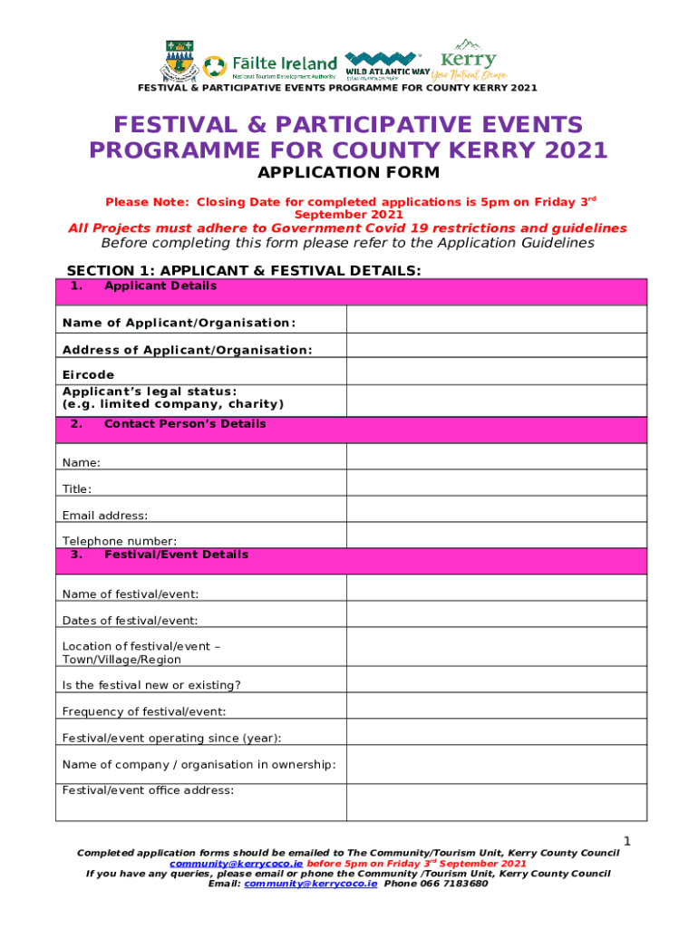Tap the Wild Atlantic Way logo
click(x=387, y=66)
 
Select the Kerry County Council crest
click(x=179, y=62)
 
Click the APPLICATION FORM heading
click(x=349, y=172)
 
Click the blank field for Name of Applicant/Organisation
click(x=496, y=319)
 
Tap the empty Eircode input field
click(x=496, y=371)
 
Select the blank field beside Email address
click(x=496, y=508)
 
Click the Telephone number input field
click(x=496, y=535)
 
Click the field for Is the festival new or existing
click(x=496, y=679)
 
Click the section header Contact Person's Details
click(x=185, y=424)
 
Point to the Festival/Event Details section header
click(x=176, y=555)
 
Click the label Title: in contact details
click(x=77, y=489)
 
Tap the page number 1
click(x=626, y=842)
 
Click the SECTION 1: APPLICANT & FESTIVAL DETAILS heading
click(x=244, y=271)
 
